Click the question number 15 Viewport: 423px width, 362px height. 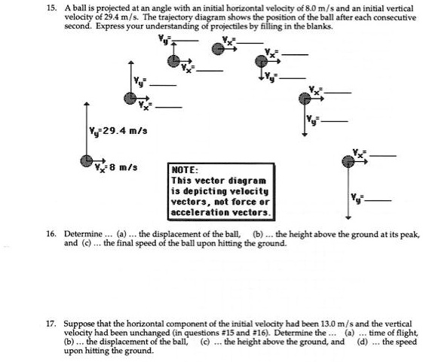pyautogui.click(x=51, y=6)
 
